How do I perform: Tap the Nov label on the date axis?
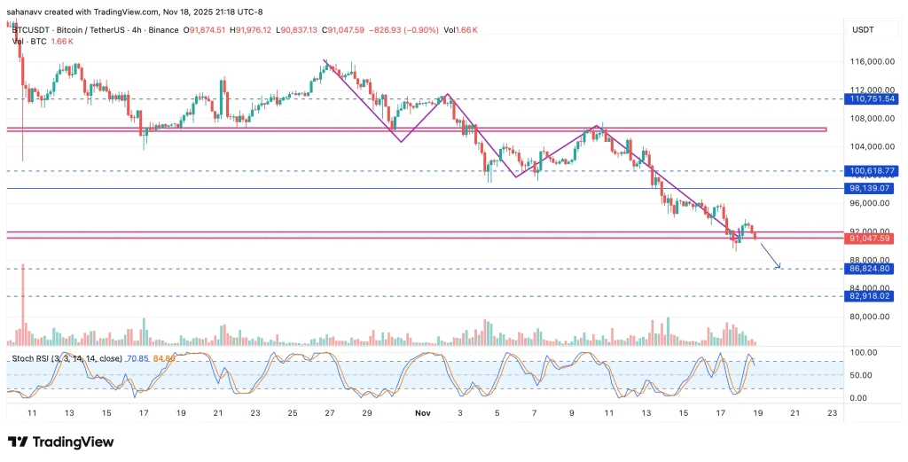[x=422, y=413]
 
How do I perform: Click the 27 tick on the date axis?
[x=329, y=413]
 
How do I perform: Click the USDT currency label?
[x=864, y=30]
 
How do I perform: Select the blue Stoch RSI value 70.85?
[x=137, y=359]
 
